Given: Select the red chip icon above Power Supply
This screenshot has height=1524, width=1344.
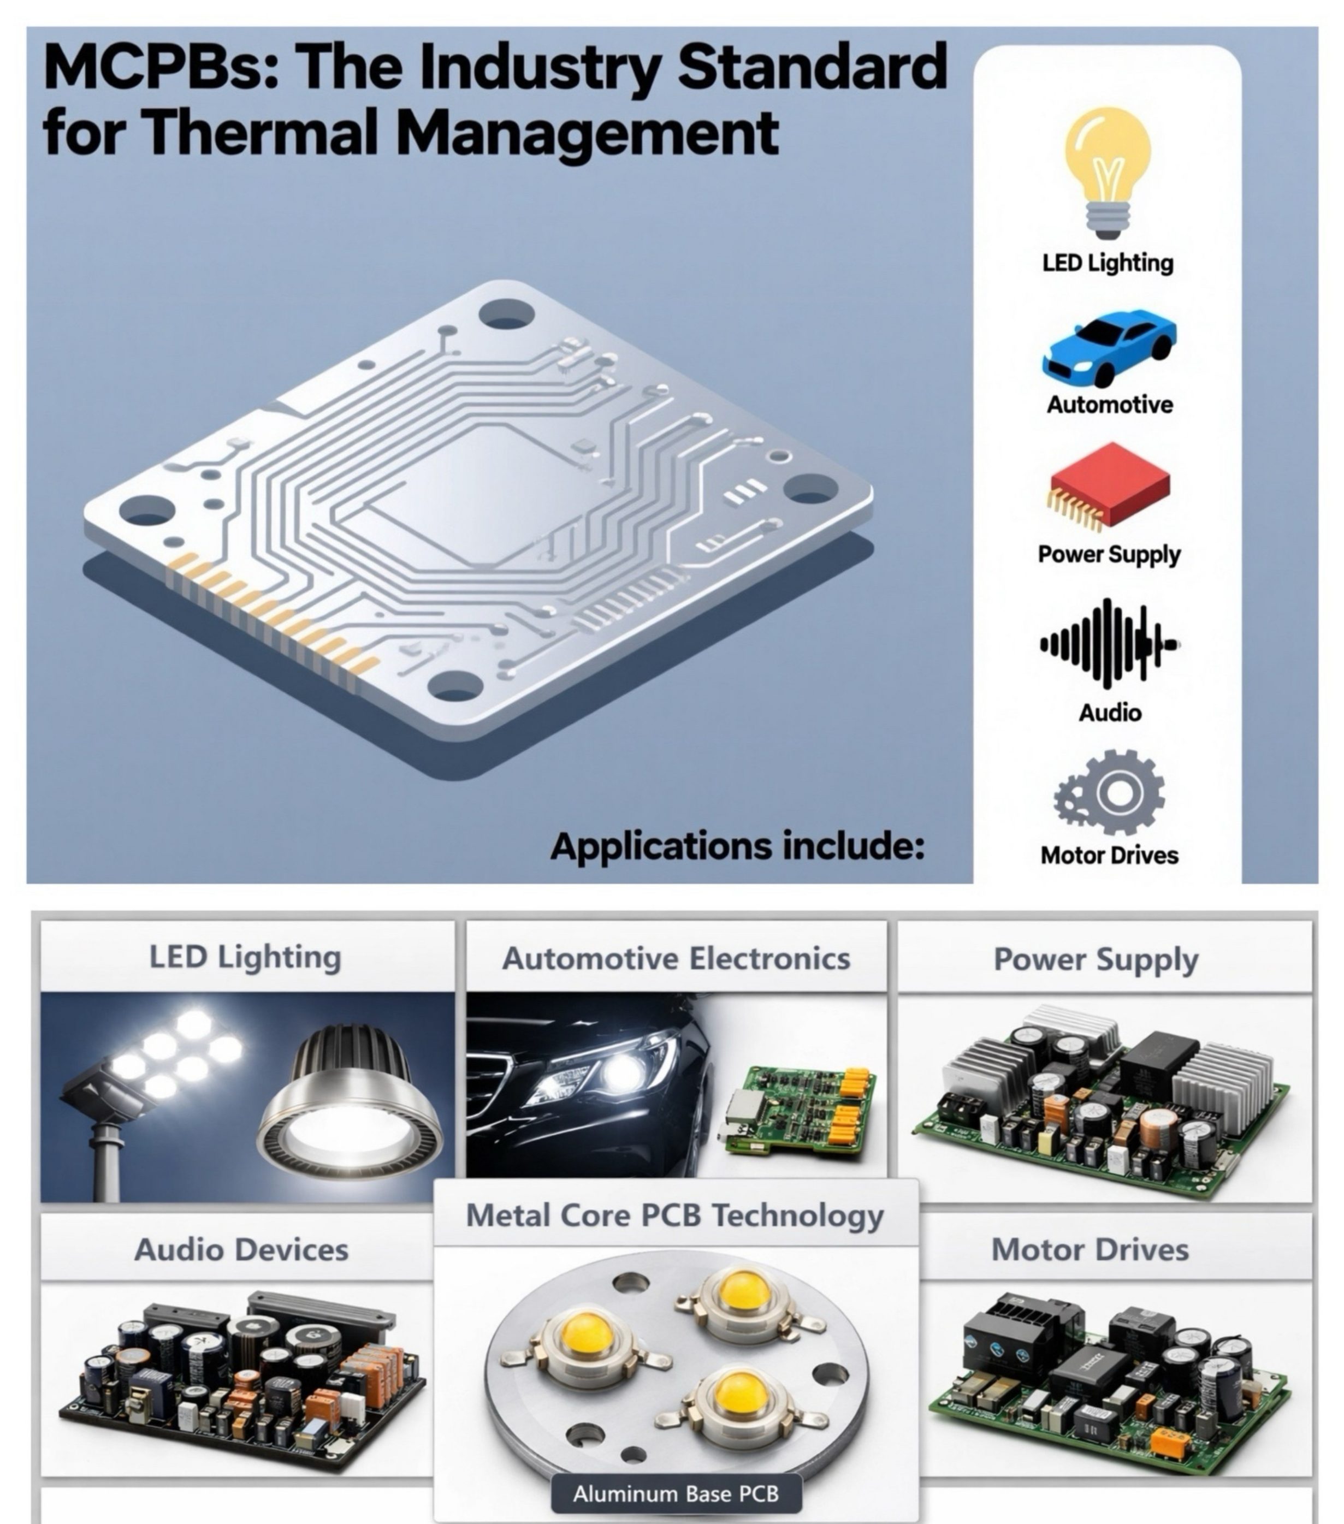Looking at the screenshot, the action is tap(1109, 485).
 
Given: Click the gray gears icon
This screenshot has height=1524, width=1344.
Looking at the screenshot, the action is tap(1109, 792).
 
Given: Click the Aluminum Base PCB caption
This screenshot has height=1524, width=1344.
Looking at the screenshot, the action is tap(676, 1493).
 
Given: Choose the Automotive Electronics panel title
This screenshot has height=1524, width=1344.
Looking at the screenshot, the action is tap(676, 958).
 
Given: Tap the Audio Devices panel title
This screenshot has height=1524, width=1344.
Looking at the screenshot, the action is tap(241, 1250).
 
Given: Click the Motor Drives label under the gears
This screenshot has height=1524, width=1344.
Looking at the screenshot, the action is tap(1109, 855).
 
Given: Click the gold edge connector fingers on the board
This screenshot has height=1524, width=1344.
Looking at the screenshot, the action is tap(271, 613).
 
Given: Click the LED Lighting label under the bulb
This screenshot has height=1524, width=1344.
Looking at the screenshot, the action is tap(1108, 263).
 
